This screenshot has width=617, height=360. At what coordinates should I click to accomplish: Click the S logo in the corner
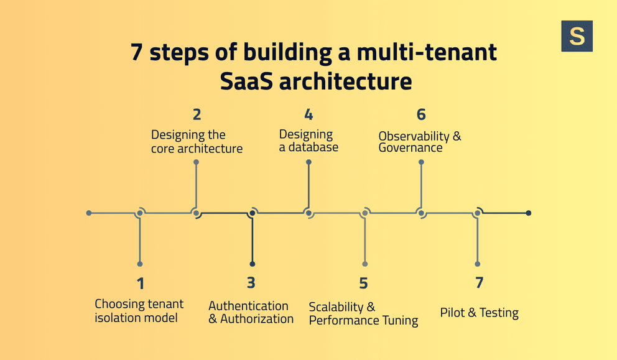[x=577, y=36]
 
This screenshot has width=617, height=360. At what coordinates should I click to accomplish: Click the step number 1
[x=141, y=284]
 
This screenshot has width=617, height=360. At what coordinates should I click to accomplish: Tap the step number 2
[x=197, y=114]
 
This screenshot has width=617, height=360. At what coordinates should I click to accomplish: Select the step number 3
[x=251, y=283]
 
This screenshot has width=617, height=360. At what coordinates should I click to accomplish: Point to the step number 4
[x=308, y=114]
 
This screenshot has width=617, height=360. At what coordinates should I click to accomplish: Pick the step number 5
[x=363, y=284]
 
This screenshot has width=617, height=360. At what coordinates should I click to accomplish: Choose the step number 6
[x=421, y=114]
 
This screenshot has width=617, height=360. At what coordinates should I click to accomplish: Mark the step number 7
[x=479, y=283]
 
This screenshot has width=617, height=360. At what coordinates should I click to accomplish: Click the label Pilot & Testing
[x=479, y=313]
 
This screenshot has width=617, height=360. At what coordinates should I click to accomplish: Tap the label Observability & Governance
[x=420, y=142]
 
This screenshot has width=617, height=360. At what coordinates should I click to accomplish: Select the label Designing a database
[x=308, y=141]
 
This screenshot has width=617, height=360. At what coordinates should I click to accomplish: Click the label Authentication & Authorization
[x=251, y=312]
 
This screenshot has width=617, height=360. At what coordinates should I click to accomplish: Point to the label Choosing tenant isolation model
[x=139, y=311]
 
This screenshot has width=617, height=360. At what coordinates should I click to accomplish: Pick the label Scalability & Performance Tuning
[x=363, y=313]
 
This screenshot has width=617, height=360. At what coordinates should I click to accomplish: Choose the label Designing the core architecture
[x=197, y=142]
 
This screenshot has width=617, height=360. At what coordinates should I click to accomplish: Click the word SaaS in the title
[x=254, y=81]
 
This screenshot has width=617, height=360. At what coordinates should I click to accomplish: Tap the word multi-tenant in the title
[x=427, y=52]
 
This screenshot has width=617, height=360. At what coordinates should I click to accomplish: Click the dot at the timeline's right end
[x=528, y=213]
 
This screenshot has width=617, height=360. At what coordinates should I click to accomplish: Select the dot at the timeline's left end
[x=89, y=213]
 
